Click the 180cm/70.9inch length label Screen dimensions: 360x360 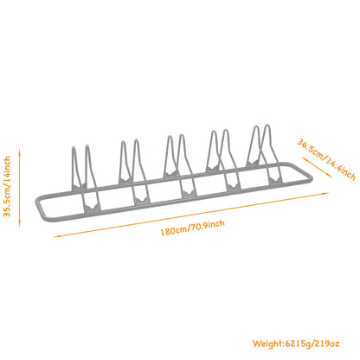click(192, 228)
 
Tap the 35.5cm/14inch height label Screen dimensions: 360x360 click(7, 186)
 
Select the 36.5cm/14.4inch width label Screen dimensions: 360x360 click(326, 159)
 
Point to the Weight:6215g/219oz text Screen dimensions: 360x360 click(296, 344)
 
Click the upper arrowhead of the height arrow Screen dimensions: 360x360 click(20, 151)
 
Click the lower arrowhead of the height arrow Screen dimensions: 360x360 click(20, 224)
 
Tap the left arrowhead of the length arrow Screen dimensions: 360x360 click(56, 236)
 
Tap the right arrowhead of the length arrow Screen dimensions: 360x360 click(325, 194)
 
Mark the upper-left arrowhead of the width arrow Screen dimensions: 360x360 click(304, 158)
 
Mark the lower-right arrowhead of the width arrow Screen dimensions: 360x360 click(326, 176)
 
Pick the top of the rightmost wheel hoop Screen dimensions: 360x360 click(267, 126)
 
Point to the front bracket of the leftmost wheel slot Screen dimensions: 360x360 click(93, 208)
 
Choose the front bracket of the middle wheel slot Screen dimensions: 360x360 click(190, 193)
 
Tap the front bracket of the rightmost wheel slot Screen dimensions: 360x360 click(275, 181)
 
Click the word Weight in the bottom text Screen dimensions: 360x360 click(267, 344)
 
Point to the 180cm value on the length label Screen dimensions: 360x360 click(174, 231)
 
